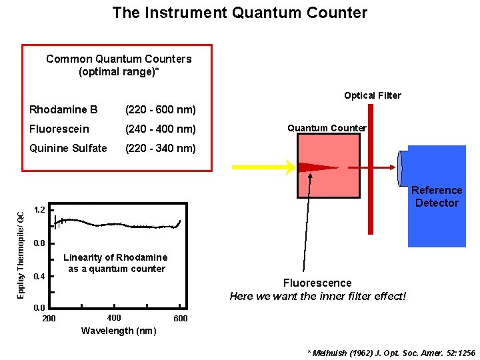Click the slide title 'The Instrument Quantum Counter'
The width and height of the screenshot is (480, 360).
click(239, 13)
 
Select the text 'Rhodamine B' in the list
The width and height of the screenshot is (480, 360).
click(63, 109)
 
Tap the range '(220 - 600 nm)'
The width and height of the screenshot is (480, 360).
click(161, 109)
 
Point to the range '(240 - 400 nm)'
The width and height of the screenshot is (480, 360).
click(161, 129)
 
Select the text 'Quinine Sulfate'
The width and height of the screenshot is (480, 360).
click(68, 148)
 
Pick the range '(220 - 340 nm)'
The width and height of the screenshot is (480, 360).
click(161, 148)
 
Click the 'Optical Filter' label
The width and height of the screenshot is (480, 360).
click(373, 95)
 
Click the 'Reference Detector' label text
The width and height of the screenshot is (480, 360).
click(437, 197)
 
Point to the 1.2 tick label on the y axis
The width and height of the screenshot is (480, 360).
click(39, 211)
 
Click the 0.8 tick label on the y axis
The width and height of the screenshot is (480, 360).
click(39, 243)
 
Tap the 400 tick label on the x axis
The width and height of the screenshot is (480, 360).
click(114, 317)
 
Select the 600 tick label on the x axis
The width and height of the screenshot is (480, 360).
click(180, 319)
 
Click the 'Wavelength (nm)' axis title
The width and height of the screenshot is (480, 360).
click(118, 331)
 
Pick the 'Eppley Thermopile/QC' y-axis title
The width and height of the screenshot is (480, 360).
click(21, 251)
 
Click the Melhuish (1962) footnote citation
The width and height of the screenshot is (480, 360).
click(391, 351)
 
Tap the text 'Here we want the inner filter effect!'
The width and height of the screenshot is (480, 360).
click(317, 295)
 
